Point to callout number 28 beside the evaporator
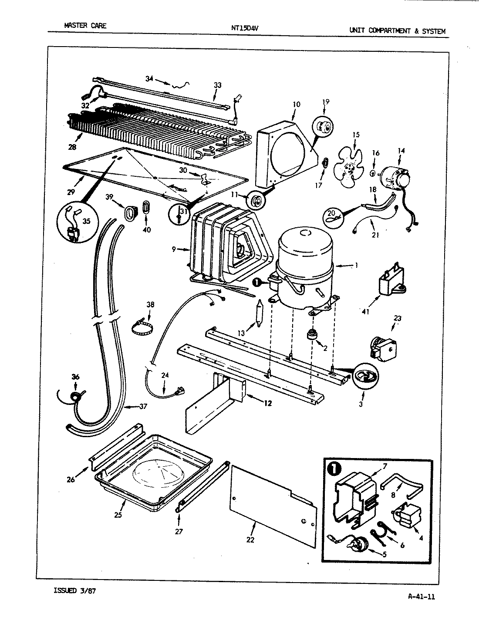coord(72,147)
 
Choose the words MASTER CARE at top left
coord(85,26)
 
